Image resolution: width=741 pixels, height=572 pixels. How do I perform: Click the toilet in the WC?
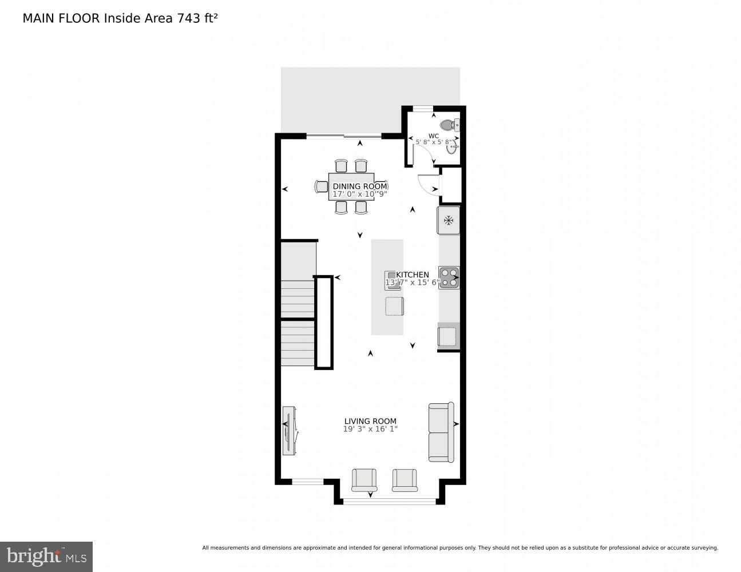coord(449,125)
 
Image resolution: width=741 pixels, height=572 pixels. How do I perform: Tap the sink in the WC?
coord(453,148)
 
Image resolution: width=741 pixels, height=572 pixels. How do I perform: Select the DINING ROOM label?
coord(359,186)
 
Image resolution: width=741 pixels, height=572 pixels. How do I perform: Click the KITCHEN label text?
coord(413,275)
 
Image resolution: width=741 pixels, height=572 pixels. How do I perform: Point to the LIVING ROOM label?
coord(370,421)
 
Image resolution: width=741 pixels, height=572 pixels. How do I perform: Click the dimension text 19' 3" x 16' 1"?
coord(370,429)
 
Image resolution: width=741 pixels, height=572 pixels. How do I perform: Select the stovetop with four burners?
coord(449,277)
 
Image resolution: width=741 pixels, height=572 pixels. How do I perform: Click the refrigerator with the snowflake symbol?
coord(449,220)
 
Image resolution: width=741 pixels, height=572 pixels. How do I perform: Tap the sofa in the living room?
coord(441,432)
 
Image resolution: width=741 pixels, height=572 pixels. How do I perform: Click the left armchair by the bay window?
coord(364,479)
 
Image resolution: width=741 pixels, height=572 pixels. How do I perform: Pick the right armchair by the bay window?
coord(405,479)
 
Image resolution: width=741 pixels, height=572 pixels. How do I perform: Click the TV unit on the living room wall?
coord(290,430)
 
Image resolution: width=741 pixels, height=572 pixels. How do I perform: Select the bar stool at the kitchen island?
coord(394,306)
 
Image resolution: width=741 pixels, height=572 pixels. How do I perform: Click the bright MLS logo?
coord(46,557)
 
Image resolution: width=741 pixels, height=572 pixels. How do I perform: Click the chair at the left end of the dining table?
coord(322,186)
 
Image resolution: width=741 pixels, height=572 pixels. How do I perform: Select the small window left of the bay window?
coord(307,482)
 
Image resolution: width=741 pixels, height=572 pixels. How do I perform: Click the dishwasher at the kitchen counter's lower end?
coord(448,336)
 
